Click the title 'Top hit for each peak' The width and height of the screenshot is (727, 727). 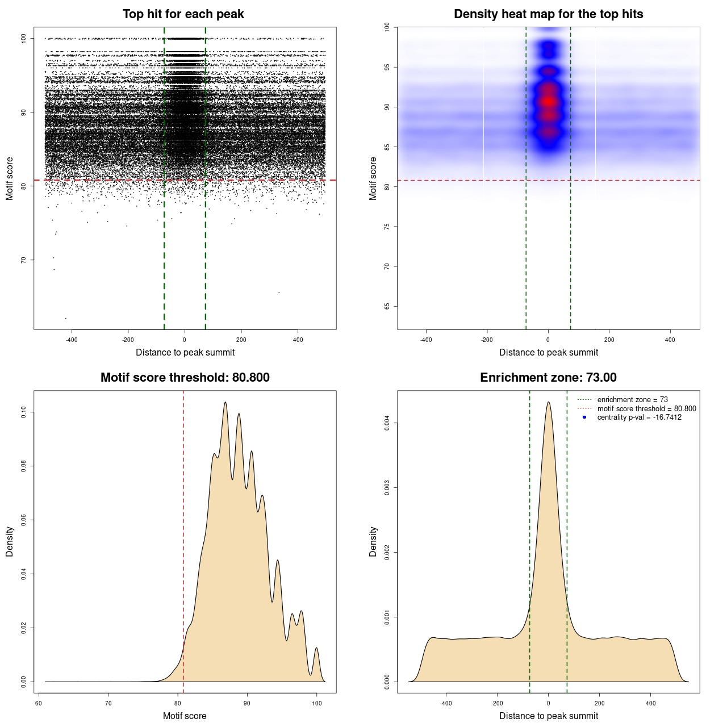[x=183, y=14]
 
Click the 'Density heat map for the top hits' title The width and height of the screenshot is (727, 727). [x=548, y=14]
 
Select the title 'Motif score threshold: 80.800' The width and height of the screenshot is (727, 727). [x=185, y=378]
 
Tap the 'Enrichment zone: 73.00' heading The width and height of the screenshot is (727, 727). [x=548, y=378]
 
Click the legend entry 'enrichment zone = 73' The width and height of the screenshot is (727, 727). [x=632, y=400]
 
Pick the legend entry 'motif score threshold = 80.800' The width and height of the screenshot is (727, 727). [x=646, y=408]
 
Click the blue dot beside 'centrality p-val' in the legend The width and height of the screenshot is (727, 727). [x=584, y=417]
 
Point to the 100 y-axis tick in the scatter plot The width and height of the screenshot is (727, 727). [x=23, y=38]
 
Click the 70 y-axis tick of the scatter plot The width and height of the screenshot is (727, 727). [x=23, y=260]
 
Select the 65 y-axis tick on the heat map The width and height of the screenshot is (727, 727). [x=387, y=306]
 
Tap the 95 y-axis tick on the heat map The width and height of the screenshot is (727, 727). [x=387, y=67]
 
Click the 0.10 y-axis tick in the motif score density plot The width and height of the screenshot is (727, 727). [x=23, y=412]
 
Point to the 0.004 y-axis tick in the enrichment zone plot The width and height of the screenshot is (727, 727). [x=387, y=423]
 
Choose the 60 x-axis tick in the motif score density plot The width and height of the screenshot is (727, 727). [x=39, y=703]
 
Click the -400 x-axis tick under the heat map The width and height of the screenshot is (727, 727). [x=426, y=340]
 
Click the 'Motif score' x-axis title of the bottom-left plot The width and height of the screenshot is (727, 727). [x=185, y=716]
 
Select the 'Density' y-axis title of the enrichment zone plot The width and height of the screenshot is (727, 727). [x=373, y=541]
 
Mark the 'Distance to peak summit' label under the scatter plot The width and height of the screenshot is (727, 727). [x=185, y=352]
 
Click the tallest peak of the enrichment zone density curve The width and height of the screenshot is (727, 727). [x=548, y=402]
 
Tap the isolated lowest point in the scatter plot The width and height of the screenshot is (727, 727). [x=66, y=318]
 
